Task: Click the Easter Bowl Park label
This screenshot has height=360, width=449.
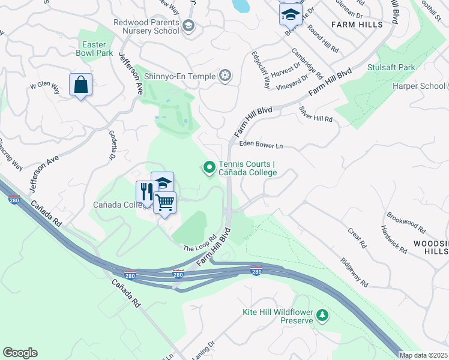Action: (x=95, y=48)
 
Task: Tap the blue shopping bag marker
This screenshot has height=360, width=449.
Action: (x=80, y=85)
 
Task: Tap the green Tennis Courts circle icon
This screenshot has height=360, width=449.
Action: (x=209, y=168)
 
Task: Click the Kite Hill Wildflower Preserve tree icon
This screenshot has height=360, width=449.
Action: (x=322, y=315)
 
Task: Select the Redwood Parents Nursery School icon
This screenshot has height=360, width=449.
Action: (x=188, y=25)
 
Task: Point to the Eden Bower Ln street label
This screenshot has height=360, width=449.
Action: (x=260, y=145)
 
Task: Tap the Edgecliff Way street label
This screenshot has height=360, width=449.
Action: (x=260, y=69)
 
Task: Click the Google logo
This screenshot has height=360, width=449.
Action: (x=20, y=353)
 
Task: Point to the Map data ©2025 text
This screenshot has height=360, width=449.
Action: (x=423, y=355)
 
